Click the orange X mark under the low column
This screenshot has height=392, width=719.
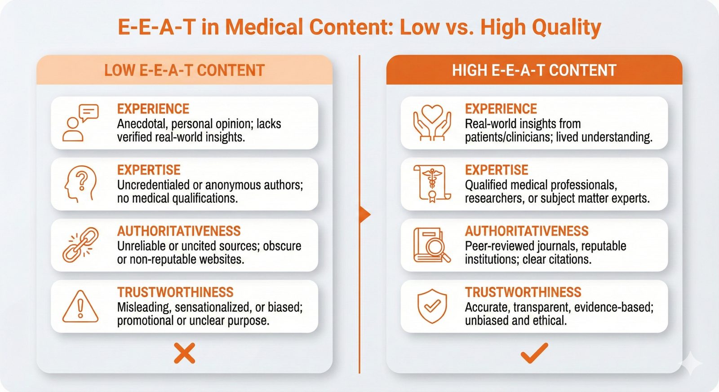(x=185, y=353)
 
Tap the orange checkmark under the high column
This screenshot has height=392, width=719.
(x=534, y=353)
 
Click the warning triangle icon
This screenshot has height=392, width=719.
(x=80, y=307)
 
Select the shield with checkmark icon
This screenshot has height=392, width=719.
(x=432, y=306)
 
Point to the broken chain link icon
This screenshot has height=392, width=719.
(x=80, y=245)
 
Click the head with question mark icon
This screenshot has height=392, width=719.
(x=80, y=184)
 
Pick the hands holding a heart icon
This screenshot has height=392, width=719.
(x=432, y=123)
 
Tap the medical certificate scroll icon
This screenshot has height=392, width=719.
(x=432, y=184)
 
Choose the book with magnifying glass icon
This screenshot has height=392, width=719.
(x=432, y=245)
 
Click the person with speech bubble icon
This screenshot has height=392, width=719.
(x=80, y=123)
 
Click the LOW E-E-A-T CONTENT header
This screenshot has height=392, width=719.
(x=184, y=70)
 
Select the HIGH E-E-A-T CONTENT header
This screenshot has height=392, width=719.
(x=534, y=70)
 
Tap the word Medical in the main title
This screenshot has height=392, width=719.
(x=264, y=27)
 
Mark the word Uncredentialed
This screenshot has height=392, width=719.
(x=153, y=185)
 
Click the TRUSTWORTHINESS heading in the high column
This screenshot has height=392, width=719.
(x=523, y=292)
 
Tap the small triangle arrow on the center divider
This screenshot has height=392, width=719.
(x=365, y=215)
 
